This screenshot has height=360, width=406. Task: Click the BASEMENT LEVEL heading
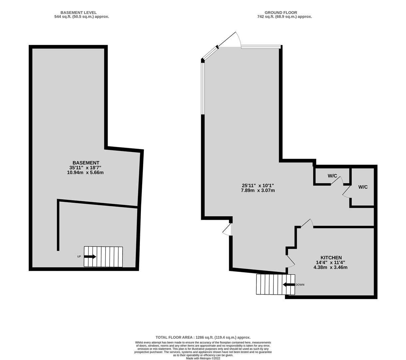(78, 13)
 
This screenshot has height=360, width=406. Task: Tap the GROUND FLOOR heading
(281, 13)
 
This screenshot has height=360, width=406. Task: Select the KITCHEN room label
(331, 258)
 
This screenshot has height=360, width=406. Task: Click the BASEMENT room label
(86, 163)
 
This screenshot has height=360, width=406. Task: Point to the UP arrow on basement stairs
(90, 257)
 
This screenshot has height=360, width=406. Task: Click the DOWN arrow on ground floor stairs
(289, 284)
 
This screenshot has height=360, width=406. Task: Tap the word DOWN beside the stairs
(300, 285)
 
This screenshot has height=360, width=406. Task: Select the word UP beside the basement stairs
(79, 257)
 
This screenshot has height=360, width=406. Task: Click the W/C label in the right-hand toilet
(363, 187)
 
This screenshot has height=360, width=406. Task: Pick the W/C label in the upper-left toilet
(332, 176)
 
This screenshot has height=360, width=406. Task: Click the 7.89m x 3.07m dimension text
(258, 190)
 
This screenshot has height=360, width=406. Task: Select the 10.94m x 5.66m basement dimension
(85, 172)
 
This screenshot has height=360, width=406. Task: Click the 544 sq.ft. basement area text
(82, 17)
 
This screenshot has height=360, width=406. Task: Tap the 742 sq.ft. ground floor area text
(284, 17)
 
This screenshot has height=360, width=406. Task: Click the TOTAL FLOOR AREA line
(203, 338)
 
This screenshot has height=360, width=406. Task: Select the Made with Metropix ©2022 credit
(203, 358)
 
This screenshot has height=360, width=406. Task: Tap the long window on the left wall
(203, 89)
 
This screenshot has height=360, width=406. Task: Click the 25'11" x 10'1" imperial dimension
(257, 186)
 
